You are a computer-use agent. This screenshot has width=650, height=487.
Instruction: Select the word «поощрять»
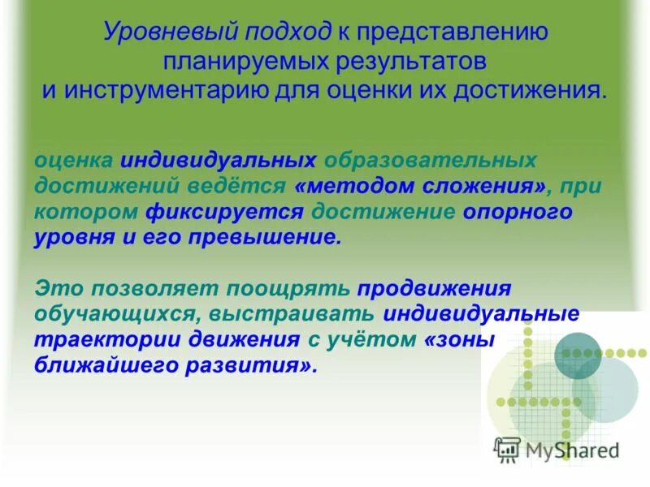291,287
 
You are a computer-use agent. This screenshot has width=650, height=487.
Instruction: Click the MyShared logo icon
507,448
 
